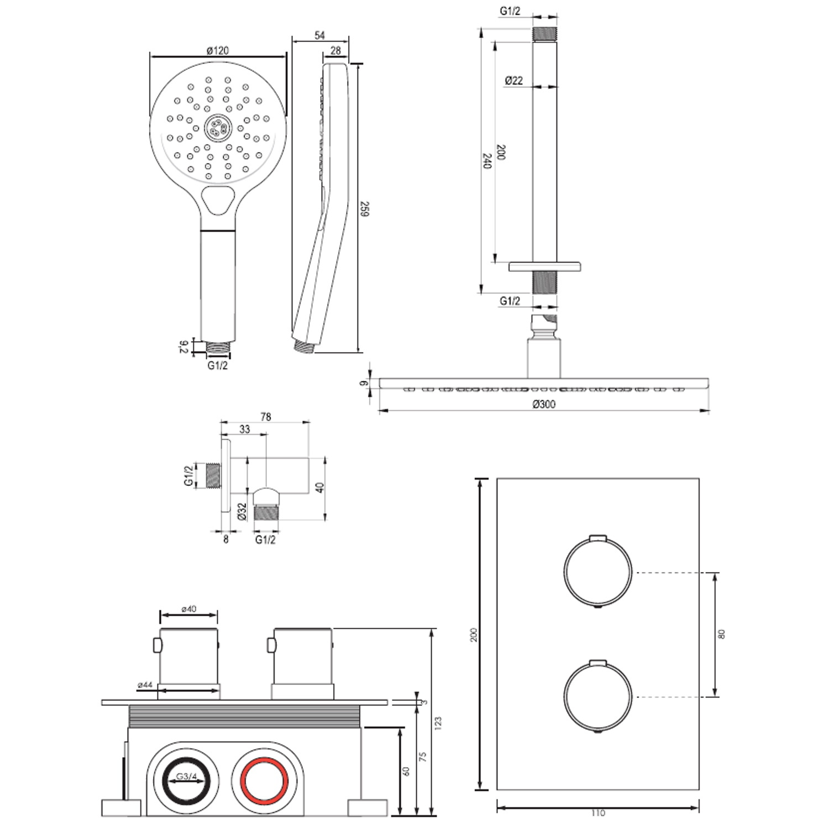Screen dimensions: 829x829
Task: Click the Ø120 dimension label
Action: [218, 50]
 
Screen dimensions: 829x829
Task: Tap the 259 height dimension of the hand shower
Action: [364, 209]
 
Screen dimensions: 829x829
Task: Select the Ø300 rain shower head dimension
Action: [544, 404]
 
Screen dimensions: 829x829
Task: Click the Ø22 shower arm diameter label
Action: [514, 81]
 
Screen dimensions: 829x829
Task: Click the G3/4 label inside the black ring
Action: [186, 776]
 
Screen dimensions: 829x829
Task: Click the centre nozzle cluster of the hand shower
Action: [218, 128]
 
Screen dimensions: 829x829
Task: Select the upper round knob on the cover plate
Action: [597, 572]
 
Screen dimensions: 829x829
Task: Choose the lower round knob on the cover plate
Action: [597, 696]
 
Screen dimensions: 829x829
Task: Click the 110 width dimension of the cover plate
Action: [598, 813]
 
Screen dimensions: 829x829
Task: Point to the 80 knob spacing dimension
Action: [721, 634]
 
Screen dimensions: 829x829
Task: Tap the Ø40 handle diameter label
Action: [188, 609]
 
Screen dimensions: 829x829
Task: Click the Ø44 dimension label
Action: [145, 685]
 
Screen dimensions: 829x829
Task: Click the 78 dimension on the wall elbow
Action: [266, 417]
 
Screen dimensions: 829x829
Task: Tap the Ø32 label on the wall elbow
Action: [242, 511]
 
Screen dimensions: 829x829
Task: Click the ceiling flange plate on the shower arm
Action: [544, 266]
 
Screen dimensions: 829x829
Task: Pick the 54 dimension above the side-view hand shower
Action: [319, 35]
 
